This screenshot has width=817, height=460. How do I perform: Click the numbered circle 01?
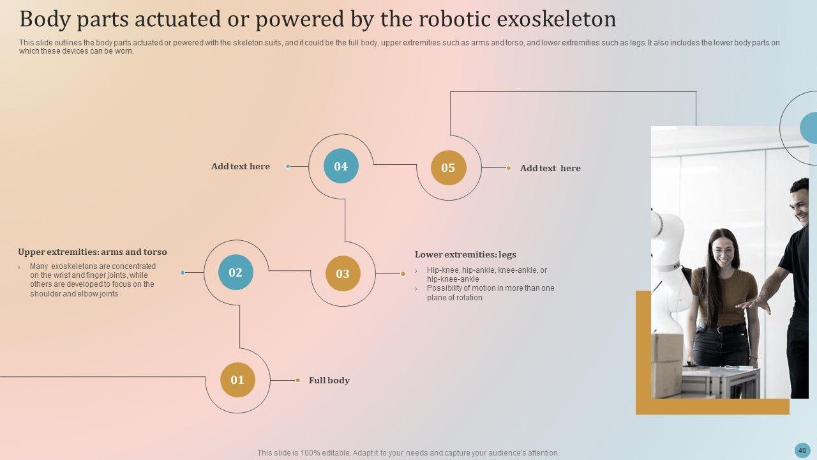tap(237, 380)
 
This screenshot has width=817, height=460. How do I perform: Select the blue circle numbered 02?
tap(236, 273)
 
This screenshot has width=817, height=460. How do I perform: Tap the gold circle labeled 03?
tap(343, 274)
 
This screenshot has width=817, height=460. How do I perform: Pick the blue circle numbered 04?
tap(341, 167)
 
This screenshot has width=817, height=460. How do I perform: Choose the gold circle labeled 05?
tap(448, 168)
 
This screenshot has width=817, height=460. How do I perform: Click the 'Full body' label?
tap(329, 380)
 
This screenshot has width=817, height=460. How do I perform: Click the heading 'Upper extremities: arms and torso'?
tap(93, 252)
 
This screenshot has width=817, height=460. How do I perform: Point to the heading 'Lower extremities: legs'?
tap(465, 254)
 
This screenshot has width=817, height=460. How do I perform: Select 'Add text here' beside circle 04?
tap(241, 166)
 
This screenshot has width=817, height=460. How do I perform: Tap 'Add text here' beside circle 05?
tap(550, 168)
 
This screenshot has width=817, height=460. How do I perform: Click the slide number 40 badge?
tap(802, 450)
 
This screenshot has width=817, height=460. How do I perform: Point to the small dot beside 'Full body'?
tap(297, 380)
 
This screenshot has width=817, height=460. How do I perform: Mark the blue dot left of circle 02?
tap(183, 273)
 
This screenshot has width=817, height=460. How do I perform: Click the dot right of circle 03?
tap(403, 274)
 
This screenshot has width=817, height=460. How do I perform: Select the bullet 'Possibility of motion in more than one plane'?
tap(490, 293)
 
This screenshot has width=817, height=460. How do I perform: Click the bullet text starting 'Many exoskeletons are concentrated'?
tap(93, 280)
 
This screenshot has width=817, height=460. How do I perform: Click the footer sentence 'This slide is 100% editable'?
tap(408, 452)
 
